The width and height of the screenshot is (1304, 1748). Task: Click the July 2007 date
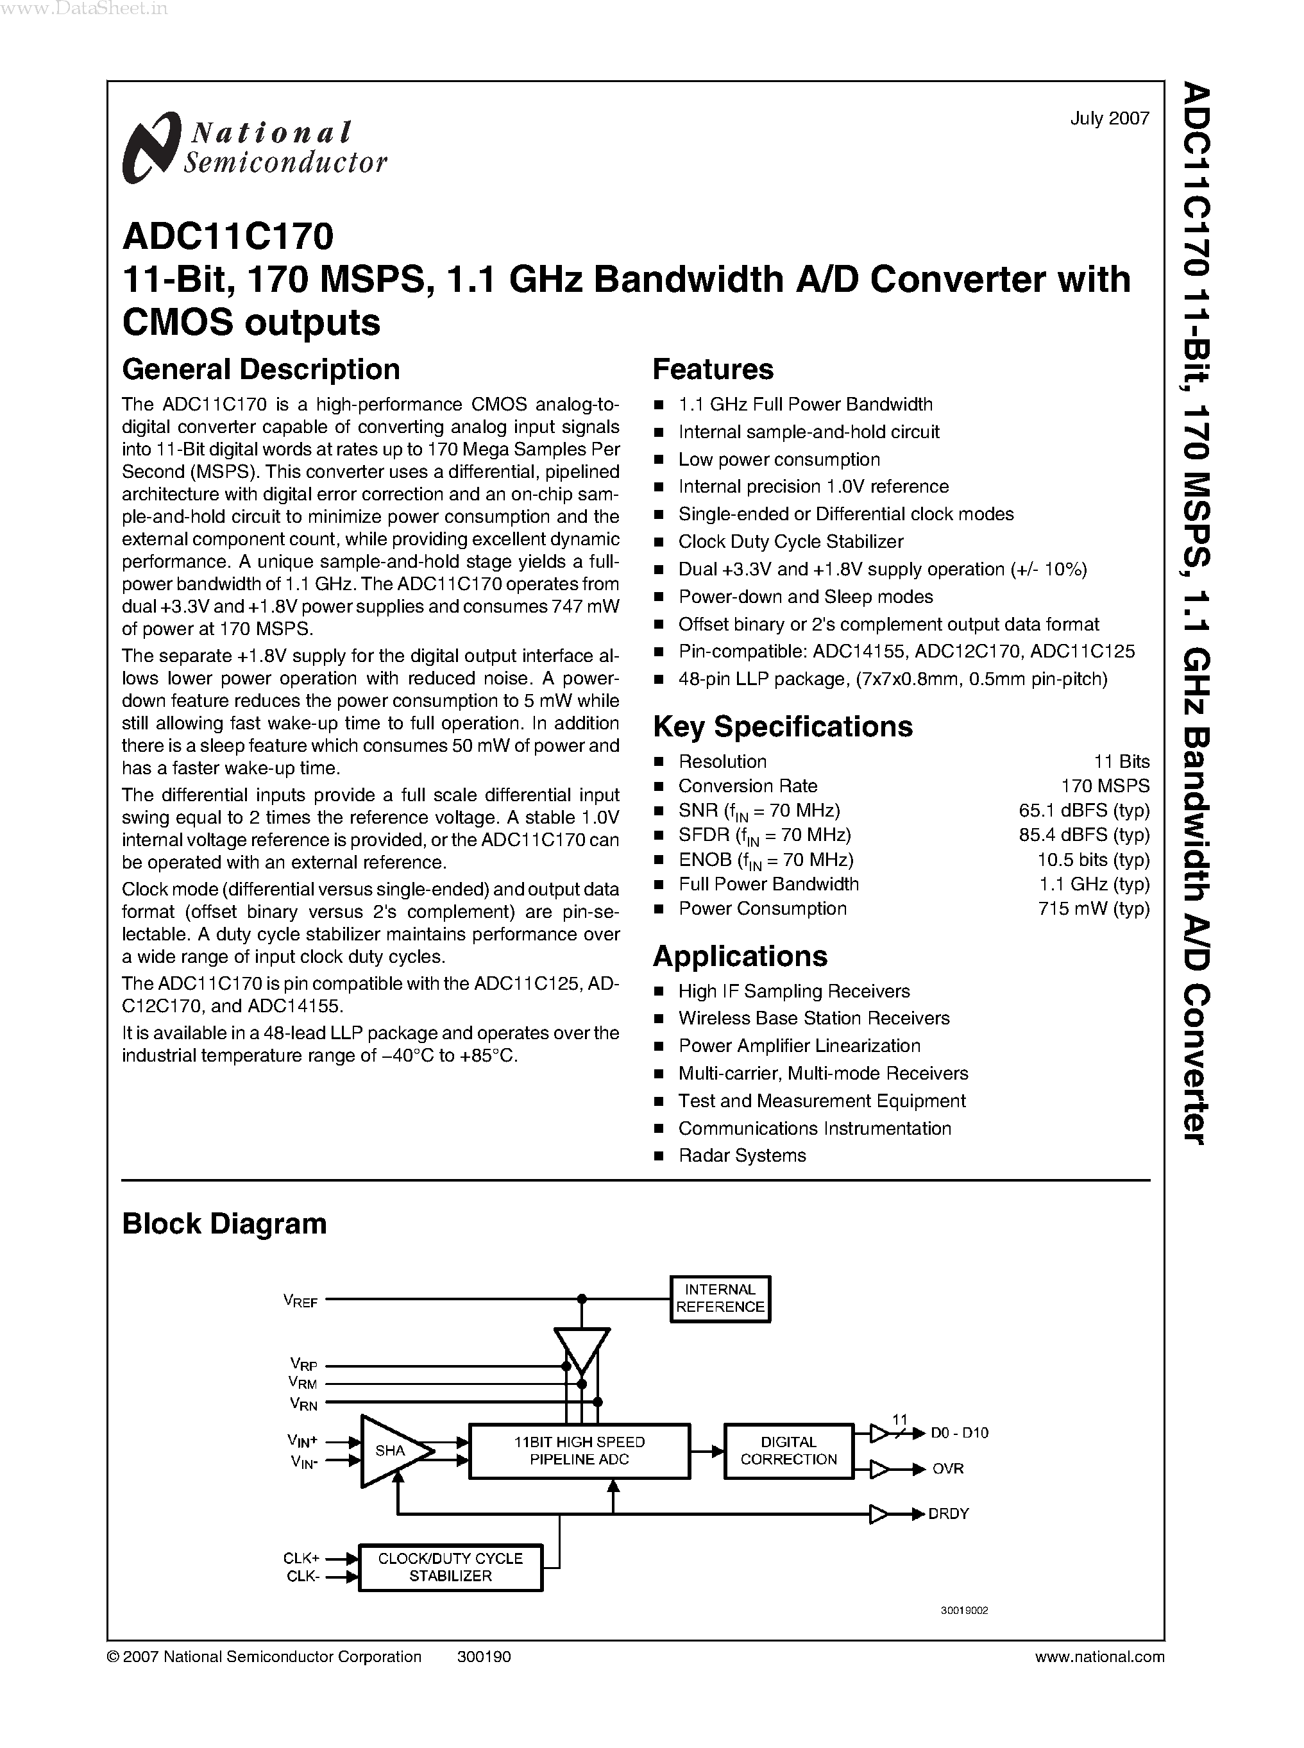[x=1109, y=119]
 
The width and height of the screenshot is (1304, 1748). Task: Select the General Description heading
[x=260, y=369]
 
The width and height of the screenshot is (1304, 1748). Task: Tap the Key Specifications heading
[x=783, y=726]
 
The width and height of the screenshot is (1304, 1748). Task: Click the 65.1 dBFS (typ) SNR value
[x=1084, y=810]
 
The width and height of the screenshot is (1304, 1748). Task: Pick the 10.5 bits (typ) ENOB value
[x=1093, y=859]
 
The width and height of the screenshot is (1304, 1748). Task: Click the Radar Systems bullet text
[x=742, y=1155]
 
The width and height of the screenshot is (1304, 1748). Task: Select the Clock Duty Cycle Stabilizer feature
[x=790, y=541]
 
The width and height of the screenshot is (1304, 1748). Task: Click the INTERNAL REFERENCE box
[x=720, y=1299]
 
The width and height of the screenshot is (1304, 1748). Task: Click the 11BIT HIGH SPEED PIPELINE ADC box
[x=579, y=1450]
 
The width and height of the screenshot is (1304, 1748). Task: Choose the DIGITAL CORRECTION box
[x=788, y=1450]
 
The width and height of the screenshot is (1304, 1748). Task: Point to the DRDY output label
[x=948, y=1513]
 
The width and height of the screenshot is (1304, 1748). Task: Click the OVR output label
[x=947, y=1468]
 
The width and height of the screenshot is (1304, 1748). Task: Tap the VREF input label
[x=301, y=1300]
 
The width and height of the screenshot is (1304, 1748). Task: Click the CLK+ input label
[x=301, y=1559]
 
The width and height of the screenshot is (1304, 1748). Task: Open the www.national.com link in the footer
[x=1099, y=1656]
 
